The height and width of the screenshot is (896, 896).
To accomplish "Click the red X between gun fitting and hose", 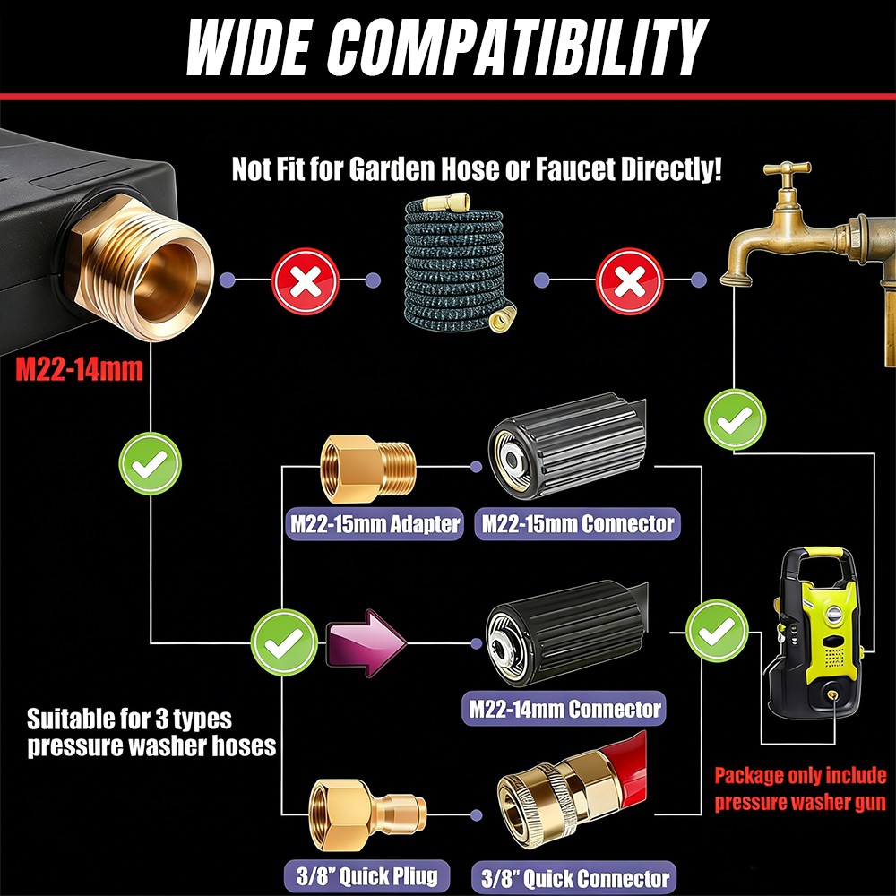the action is pyautogui.click(x=306, y=281).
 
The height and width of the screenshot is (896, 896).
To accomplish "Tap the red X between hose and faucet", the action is pyautogui.click(x=629, y=281).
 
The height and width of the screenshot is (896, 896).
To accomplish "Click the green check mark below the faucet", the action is pyautogui.click(x=735, y=420).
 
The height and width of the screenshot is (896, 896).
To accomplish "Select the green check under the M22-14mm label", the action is pyautogui.click(x=150, y=463).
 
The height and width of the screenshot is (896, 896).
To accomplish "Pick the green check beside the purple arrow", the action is pyautogui.click(x=284, y=642).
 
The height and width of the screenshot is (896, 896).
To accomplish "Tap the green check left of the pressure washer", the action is pyautogui.click(x=717, y=631).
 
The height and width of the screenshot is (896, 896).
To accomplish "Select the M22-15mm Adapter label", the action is pyautogui.click(x=375, y=524).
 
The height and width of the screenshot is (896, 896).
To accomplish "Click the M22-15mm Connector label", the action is pyautogui.click(x=577, y=524).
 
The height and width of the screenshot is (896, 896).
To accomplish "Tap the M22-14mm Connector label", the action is pyautogui.click(x=564, y=709).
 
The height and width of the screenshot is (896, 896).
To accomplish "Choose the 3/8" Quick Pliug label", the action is pyautogui.click(x=366, y=876).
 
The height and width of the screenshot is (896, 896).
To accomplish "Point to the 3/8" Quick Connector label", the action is pyautogui.click(x=574, y=878).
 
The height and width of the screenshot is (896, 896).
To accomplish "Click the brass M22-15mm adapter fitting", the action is pyautogui.click(x=368, y=470).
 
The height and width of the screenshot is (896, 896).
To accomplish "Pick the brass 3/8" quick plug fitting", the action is pyautogui.click(x=367, y=814).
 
